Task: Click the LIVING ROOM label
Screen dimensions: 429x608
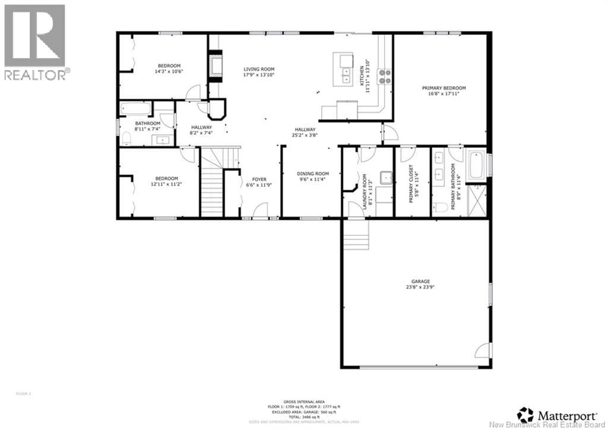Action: click(x=259, y=69)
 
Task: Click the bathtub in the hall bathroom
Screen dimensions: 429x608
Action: click(x=136, y=109)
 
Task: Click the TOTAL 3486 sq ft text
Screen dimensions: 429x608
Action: click(x=304, y=417)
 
